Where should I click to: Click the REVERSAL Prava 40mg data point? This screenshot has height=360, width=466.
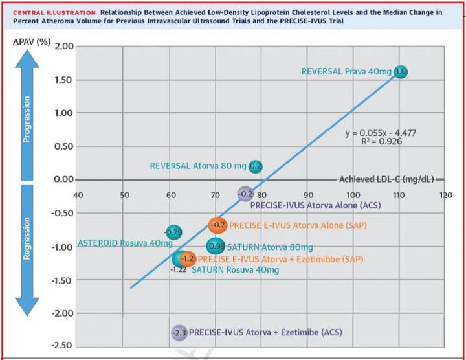tap(401, 72)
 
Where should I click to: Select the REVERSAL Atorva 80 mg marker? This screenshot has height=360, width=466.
tap(256, 166)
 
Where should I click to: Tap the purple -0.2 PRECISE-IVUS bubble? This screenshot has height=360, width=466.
tap(245, 194)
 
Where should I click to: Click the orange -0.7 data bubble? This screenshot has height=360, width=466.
tap(218, 225)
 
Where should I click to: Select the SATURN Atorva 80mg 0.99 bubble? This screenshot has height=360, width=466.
tap(216, 246)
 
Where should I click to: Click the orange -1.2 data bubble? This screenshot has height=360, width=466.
tap(187, 259)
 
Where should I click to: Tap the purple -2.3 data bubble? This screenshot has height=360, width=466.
tap(179, 333)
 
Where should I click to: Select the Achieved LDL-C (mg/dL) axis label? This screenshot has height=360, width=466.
tap(386, 179)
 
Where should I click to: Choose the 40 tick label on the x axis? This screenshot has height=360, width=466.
tap(78, 195)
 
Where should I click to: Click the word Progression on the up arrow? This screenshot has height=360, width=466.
tap(27, 120)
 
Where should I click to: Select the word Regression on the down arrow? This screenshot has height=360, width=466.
tap(27, 238)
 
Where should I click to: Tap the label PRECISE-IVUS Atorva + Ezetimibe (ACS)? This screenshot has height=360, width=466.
tap(265, 333)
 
